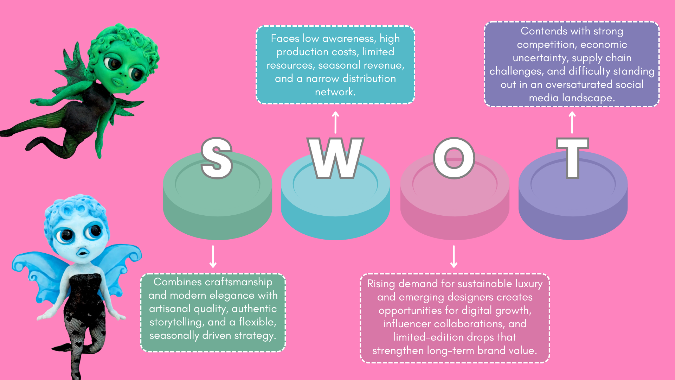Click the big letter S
point(217,158)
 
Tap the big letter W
point(335,158)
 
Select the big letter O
point(454,158)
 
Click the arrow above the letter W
point(335,122)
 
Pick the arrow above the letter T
point(572,122)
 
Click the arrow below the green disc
point(213,256)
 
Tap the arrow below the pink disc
point(454,256)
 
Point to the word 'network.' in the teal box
point(335,92)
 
